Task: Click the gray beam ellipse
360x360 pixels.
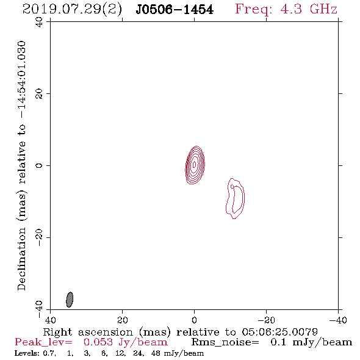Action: click(70, 300)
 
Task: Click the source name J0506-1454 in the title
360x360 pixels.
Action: click(175, 10)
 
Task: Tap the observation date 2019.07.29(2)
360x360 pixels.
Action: click(72, 10)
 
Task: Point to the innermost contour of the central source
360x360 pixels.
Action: click(194, 164)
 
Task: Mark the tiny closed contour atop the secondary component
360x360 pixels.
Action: click(232, 186)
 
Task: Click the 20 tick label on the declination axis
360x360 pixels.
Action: click(39, 94)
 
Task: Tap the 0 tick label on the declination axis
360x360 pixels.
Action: click(39, 165)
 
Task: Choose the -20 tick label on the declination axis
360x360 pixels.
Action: click(39, 237)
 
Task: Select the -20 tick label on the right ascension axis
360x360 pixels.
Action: click(266, 320)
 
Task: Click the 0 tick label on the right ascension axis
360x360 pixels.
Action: click(194, 320)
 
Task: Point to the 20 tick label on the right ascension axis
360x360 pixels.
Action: click(123, 320)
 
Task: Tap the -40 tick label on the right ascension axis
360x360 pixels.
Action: click(338, 320)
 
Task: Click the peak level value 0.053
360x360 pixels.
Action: click(98, 342)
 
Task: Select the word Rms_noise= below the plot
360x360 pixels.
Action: click(225, 342)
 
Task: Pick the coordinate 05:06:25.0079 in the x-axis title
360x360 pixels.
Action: click(280, 332)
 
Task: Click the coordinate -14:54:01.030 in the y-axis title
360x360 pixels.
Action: click(22, 80)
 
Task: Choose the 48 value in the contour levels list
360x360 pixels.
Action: click(156, 353)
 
